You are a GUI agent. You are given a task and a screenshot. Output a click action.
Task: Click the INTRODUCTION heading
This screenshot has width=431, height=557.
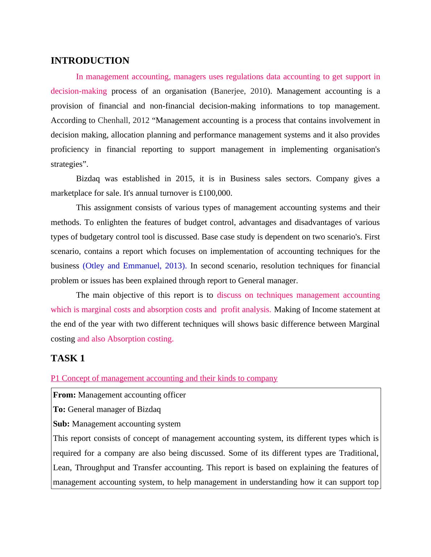(90, 61)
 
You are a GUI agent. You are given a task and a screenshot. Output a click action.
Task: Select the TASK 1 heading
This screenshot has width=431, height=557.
(68, 358)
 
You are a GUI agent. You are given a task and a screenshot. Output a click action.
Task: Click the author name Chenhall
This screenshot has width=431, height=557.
(113, 120)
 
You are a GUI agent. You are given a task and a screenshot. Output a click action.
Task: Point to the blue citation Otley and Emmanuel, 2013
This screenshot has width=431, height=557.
(135, 266)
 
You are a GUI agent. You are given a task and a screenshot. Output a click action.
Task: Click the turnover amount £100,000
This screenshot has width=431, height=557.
(215, 193)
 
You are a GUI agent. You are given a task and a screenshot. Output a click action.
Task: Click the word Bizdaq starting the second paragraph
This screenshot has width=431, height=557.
(88, 179)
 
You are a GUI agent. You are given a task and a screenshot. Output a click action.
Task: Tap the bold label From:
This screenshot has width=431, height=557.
(64, 395)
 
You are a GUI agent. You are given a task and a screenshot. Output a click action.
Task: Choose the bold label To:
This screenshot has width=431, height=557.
(59, 409)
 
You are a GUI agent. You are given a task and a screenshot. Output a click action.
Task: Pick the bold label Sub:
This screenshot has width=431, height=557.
(61, 424)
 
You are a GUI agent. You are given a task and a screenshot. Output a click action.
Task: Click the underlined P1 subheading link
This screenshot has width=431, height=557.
(164, 378)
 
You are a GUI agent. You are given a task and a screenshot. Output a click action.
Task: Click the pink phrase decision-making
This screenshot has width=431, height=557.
(79, 91)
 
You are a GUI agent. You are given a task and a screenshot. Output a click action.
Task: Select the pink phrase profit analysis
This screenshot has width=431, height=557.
(246, 310)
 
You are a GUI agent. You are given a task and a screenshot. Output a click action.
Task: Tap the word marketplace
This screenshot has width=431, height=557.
(71, 193)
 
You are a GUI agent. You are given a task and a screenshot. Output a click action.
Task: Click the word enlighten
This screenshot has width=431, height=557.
(113, 222)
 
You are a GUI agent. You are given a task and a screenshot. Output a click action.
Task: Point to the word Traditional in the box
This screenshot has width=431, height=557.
(358, 453)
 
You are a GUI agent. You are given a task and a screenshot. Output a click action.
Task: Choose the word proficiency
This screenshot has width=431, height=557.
(70, 149)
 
